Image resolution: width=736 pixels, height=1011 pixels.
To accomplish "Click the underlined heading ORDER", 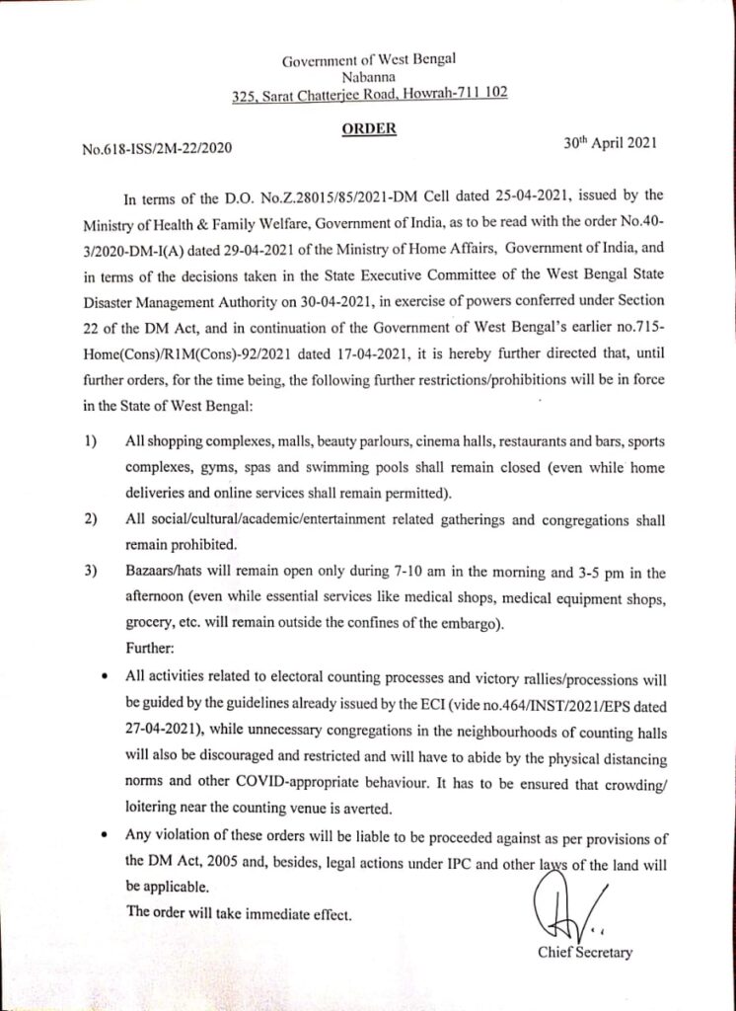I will (370, 128).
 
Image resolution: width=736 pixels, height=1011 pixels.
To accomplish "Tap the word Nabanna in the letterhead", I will (368, 78).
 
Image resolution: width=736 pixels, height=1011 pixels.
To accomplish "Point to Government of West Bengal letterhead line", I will (369, 61).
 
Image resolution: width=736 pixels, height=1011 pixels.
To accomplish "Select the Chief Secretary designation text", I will (584, 953).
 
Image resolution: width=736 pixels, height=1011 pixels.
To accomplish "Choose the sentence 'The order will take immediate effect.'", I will (238, 913).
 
